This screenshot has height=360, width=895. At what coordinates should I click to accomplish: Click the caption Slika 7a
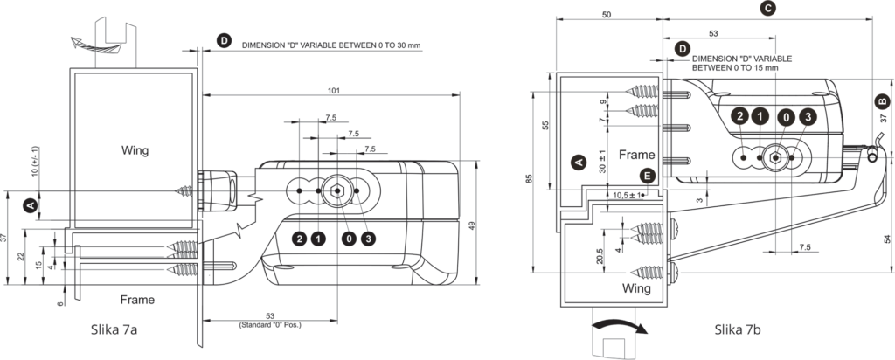coord(114,329)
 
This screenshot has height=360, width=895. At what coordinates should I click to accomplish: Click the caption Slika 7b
coord(737,329)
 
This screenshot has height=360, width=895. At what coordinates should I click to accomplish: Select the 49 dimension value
coord(471,226)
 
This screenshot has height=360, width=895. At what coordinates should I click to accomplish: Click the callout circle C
coord(768,8)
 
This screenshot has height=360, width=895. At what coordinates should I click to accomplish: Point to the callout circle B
coord(883,101)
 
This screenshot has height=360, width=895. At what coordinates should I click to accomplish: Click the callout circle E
coord(646,176)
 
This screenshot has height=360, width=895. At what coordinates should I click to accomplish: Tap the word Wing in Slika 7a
coord(135,150)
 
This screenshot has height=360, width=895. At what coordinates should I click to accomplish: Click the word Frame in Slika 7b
coord(637,155)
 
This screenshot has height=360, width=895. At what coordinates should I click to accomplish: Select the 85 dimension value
coord(529,178)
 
